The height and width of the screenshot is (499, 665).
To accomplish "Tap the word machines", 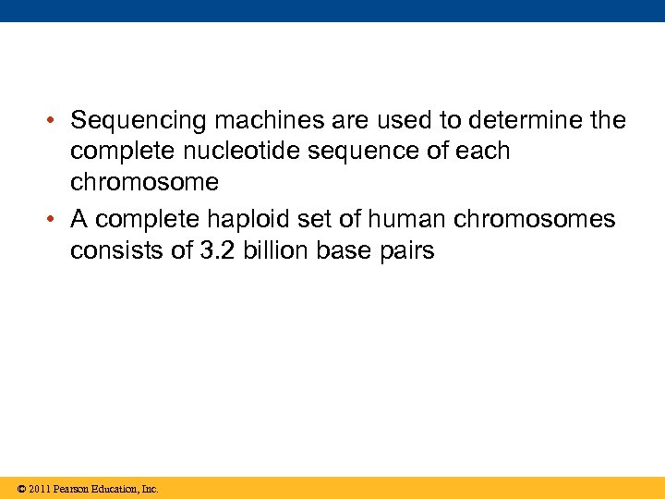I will click(264, 121).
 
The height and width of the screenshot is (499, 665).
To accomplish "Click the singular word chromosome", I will click(144, 182).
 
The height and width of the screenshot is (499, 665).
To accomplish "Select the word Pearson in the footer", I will click(75, 489).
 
